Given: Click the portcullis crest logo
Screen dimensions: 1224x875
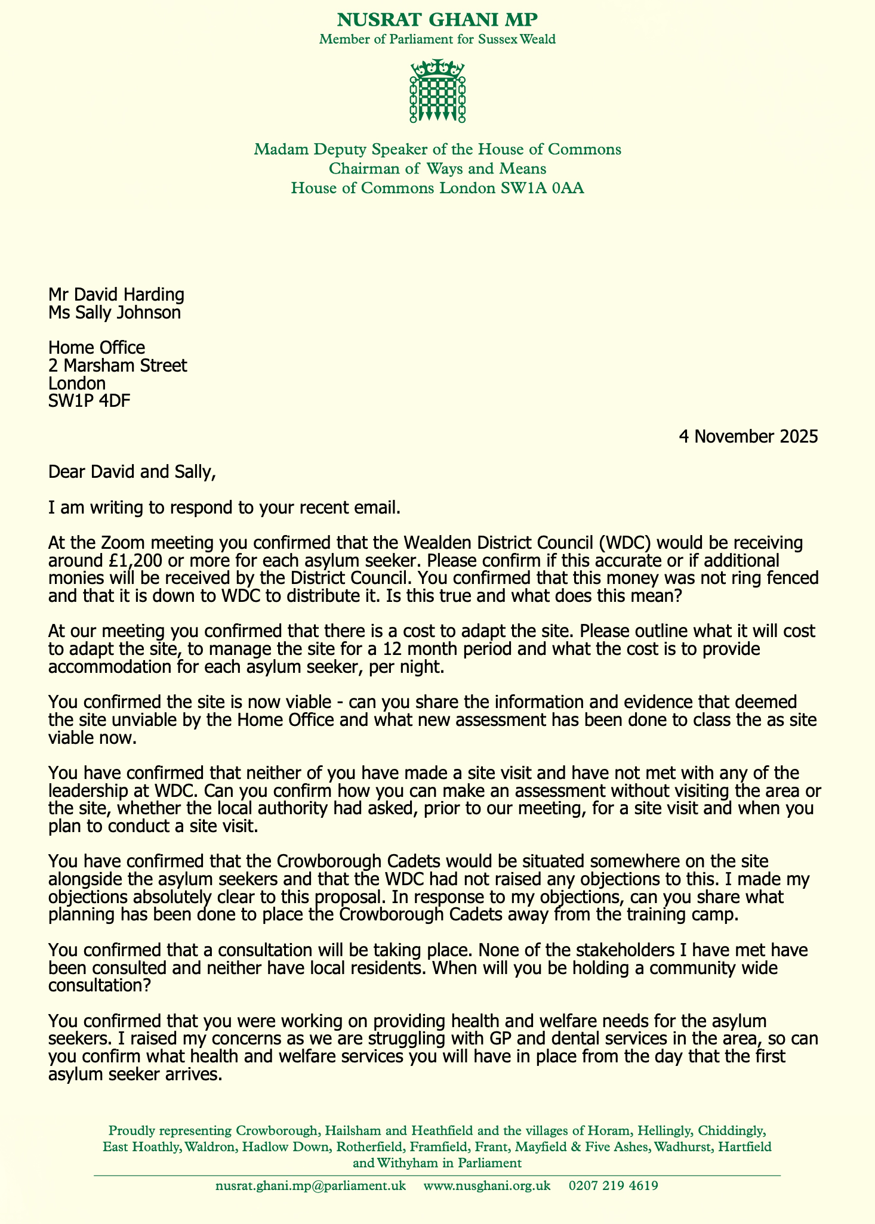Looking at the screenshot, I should pos(438,91).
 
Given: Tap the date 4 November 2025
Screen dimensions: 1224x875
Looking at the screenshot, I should pos(748,437).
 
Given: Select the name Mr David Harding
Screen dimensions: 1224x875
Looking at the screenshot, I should pos(116,295).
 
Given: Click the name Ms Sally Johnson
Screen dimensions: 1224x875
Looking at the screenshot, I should pos(115,312).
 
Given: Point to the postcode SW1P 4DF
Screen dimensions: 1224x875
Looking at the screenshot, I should pos(90,400).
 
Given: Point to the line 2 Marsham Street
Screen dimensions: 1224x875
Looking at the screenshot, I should pos(118,365).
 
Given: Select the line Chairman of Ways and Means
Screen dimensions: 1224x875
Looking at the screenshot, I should pos(438,169).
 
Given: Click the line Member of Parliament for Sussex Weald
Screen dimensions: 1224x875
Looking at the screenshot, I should pos(438,40).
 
